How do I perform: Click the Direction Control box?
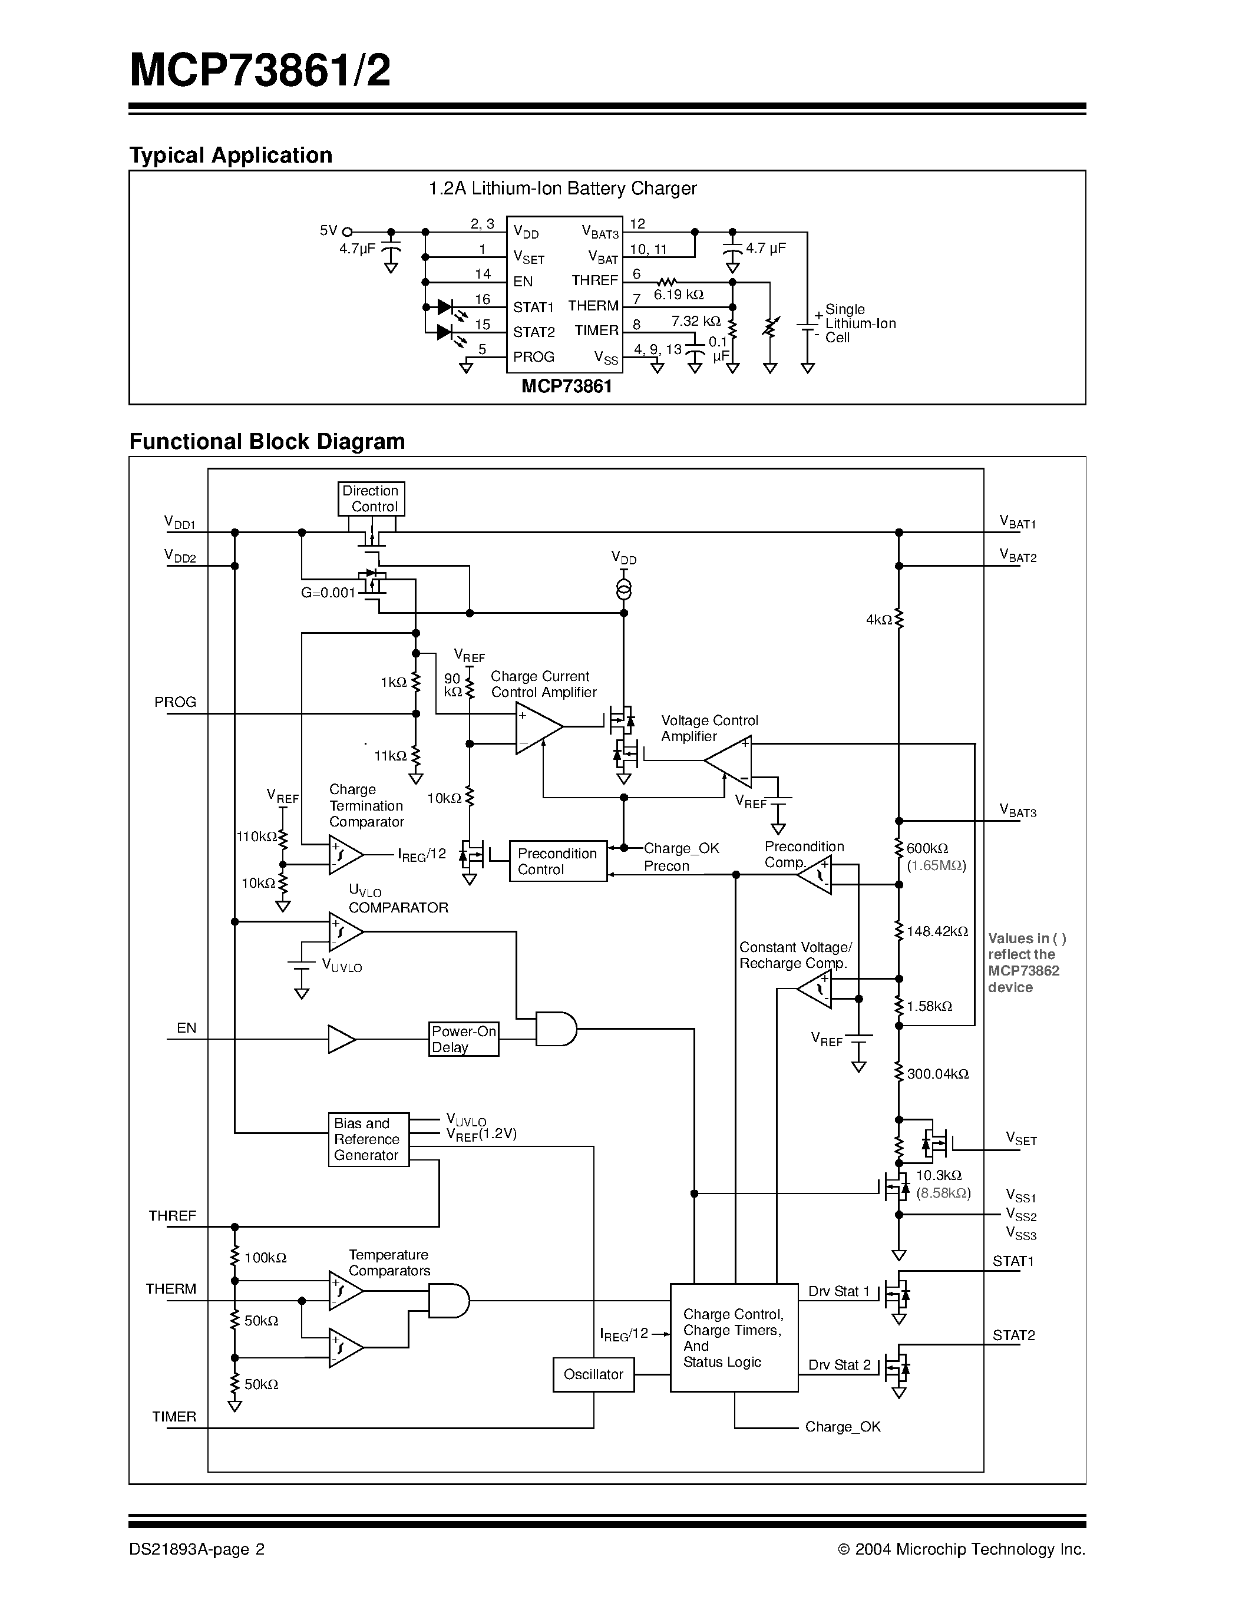(x=371, y=498)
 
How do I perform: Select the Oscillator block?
(x=593, y=1374)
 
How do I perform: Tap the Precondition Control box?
(x=558, y=861)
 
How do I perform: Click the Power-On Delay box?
(x=464, y=1039)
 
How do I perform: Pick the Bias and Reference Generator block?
(x=368, y=1139)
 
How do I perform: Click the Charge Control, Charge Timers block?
(x=734, y=1337)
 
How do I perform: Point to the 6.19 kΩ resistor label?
(x=678, y=295)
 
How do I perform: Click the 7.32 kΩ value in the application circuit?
(x=696, y=321)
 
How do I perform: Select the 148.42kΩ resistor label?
(x=937, y=931)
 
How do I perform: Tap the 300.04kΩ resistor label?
(x=937, y=1073)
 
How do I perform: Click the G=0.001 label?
(x=328, y=593)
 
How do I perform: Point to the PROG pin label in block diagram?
(x=175, y=702)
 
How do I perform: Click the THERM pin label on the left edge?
(x=171, y=1288)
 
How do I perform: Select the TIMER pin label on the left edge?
(x=174, y=1417)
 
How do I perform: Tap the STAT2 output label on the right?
(x=1013, y=1335)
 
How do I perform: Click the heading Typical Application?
(x=231, y=155)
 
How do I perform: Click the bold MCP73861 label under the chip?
(x=567, y=386)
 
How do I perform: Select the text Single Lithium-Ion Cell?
(x=860, y=323)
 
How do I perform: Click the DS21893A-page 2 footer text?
(x=197, y=1549)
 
